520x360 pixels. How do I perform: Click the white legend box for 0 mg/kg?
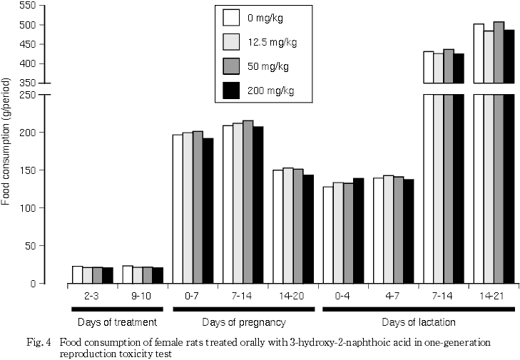[x=230, y=17]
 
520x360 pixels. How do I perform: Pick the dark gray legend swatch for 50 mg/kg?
[x=230, y=66]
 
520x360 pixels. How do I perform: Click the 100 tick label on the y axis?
[x=26, y=208]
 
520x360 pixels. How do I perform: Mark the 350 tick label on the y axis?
[x=26, y=83]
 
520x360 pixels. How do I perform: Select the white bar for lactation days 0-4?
[x=328, y=235]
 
